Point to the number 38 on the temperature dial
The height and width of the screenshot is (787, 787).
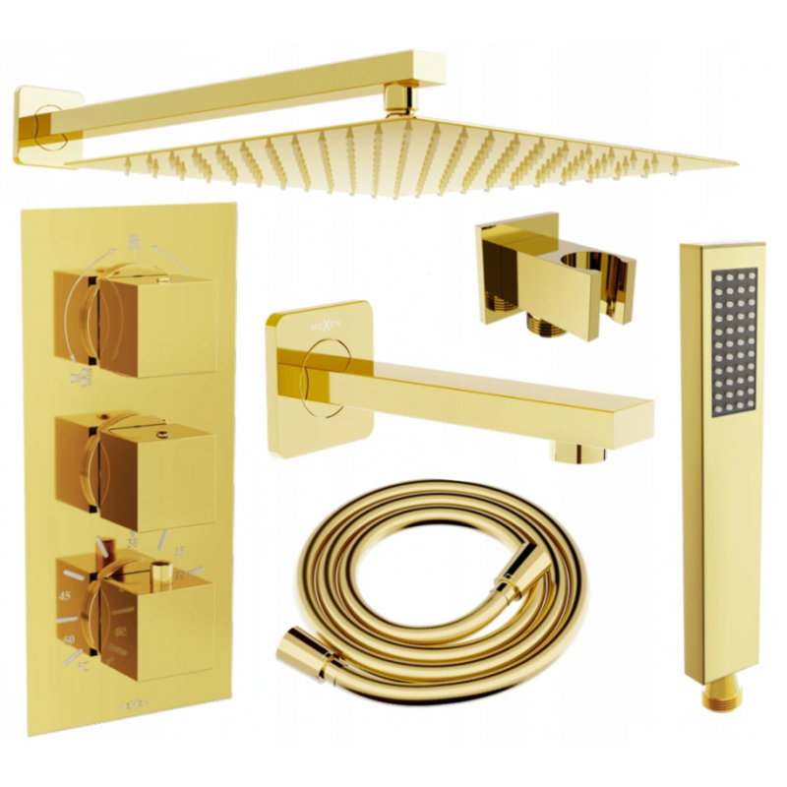click(132, 542)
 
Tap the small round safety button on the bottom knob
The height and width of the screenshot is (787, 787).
click(159, 568)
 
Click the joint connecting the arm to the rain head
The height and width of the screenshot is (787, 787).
click(398, 98)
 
